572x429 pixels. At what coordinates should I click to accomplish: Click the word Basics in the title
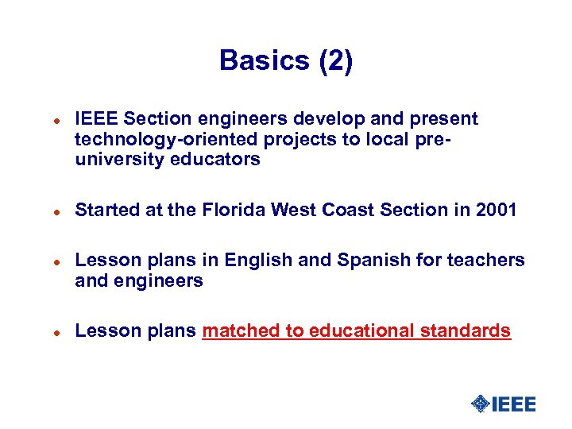tap(265, 60)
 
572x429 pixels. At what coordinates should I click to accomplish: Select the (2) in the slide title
tap(335, 60)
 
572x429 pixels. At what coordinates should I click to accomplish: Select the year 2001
tap(497, 210)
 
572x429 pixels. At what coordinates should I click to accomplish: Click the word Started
tap(106, 210)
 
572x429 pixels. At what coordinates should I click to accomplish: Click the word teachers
tap(487, 260)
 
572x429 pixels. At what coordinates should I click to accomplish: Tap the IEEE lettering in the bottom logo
tap(514, 404)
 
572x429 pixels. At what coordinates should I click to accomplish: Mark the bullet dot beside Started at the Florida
tap(48, 211)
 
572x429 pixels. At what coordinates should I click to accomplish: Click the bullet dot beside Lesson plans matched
tap(48, 332)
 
